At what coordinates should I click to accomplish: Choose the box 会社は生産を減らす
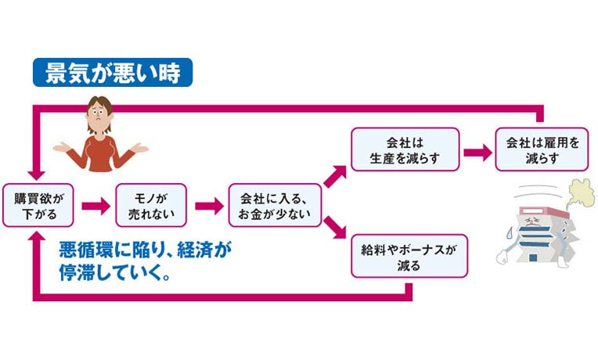(x=404, y=149)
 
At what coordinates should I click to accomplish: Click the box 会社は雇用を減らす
(x=542, y=149)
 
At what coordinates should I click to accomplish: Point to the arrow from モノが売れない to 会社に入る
(x=208, y=206)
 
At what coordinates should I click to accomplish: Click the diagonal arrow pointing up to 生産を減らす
(x=334, y=177)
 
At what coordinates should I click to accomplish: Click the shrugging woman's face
(x=100, y=114)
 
